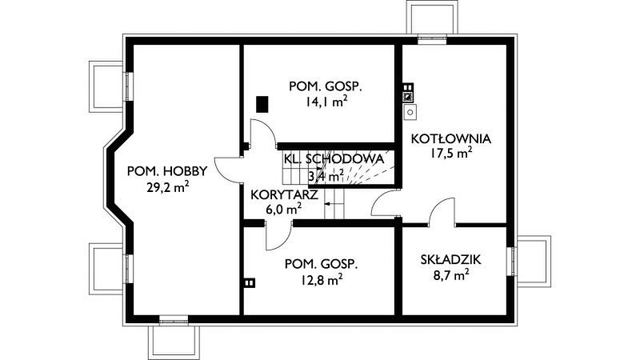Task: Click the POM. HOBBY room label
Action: coord(167,171)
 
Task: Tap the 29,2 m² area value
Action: coord(167,187)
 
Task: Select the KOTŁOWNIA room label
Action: coord(450,138)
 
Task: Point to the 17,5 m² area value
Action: coord(451,153)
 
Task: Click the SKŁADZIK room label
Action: coord(450,259)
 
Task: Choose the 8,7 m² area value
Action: coord(450,274)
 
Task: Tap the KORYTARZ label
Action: coord(284,194)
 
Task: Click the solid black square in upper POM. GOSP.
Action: coord(262,104)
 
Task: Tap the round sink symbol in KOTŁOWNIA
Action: coord(410,112)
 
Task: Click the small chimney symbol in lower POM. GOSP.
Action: coord(250,282)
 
